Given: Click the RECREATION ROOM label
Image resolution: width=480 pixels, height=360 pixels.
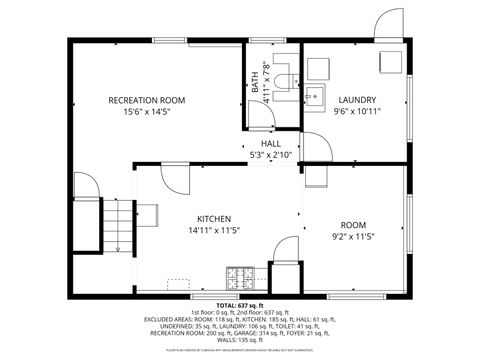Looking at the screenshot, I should point(147,100).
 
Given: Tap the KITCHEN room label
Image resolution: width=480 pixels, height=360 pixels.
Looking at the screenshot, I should point(214,219).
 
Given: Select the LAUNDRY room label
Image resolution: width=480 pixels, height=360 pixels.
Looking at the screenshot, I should point(356,100).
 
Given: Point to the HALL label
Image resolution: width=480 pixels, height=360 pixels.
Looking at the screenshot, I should point(271,144).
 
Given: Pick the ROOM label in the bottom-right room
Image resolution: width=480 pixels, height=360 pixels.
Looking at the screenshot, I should point(353,226).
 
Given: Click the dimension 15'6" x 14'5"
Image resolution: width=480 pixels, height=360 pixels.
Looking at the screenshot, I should point(147,112).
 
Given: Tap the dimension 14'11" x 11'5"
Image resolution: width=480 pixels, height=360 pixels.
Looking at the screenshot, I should point(214,231).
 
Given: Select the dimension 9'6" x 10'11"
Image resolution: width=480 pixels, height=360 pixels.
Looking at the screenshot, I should point(357,112).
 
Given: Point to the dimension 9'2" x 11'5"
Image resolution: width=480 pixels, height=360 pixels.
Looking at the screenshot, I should point(353,238).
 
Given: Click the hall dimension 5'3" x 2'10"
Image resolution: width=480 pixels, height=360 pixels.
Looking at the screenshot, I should point(271,156).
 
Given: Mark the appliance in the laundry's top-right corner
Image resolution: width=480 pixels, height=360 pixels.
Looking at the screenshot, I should point(386,61).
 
